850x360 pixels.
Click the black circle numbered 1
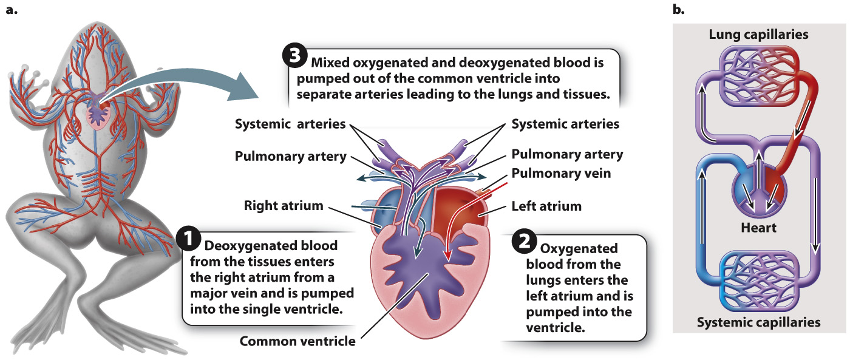click(x=188, y=239)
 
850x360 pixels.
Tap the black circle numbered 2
click(x=524, y=241)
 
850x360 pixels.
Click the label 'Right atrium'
click(x=284, y=205)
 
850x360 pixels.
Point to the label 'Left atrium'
click(x=546, y=206)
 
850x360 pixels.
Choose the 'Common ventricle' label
click(x=297, y=341)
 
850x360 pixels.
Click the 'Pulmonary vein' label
click(x=561, y=174)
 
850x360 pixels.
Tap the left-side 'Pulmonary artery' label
click(x=290, y=157)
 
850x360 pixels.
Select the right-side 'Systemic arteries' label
click(x=565, y=124)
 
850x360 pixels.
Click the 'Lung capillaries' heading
click(x=758, y=34)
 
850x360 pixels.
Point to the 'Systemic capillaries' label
click(x=758, y=322)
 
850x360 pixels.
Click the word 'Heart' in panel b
click(x=758, y=228)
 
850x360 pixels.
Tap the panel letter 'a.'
click(x=12, y=10)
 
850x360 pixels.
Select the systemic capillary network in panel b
click(x=758, y=279)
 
